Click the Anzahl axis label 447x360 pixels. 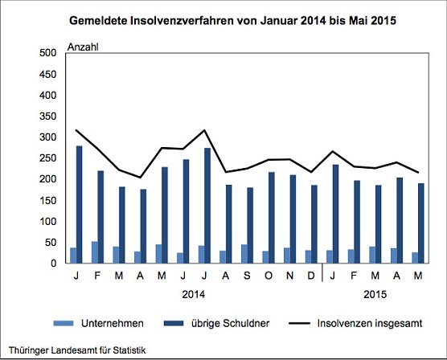[83, 47]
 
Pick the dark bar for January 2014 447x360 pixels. [80, 205]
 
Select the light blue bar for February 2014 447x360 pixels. [94, 252]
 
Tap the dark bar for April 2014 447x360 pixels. [142, 226]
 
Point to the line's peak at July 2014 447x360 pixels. [207, 130]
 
